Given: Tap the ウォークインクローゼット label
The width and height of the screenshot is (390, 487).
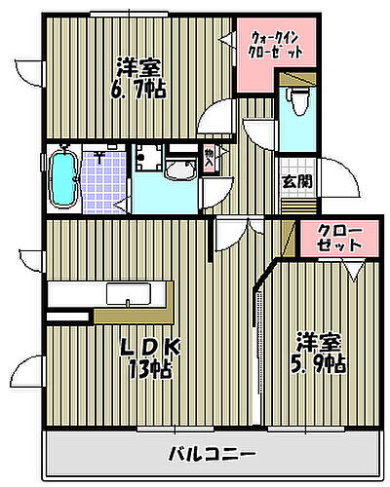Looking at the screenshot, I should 276,44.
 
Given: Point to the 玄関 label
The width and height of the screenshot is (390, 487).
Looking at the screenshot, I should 297,181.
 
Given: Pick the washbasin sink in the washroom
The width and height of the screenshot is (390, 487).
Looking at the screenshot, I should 178,171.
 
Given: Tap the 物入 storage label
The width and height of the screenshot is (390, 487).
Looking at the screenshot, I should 211,158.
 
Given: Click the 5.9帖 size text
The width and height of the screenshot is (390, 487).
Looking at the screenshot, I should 321,365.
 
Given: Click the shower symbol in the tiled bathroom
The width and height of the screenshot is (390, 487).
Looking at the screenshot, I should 100,154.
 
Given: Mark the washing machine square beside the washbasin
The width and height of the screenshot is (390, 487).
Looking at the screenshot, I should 147,161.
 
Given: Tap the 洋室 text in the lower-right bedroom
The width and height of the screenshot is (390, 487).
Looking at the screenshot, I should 321,343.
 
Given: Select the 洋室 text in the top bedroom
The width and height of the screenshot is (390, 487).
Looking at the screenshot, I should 139,68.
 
